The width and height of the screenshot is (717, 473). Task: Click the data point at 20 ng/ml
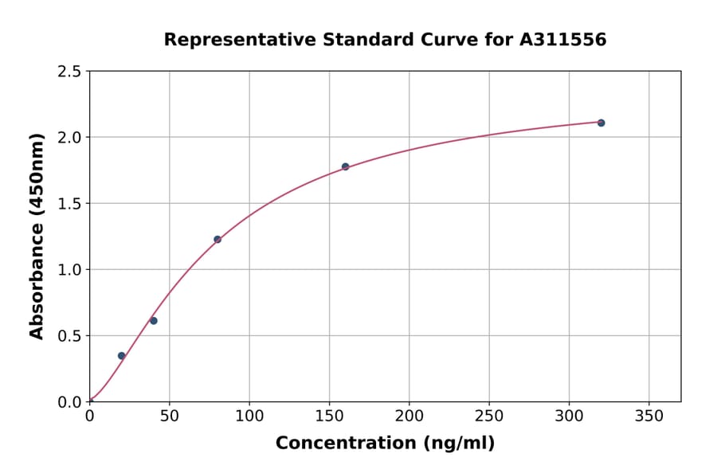121,356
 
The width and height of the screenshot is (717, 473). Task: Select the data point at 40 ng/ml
154,321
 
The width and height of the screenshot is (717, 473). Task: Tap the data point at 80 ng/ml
217,240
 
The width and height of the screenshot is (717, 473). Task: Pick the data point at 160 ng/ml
345,166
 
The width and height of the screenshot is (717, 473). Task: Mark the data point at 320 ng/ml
601,123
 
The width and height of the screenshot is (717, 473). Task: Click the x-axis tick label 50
169,416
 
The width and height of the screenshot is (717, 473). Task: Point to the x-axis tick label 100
249,416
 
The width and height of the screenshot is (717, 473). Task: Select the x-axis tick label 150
329,416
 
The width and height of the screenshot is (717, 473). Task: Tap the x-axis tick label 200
409,416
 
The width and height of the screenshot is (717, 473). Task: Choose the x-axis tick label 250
489,416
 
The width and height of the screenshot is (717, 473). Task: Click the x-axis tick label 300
569,416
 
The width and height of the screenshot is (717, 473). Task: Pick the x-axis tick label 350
649,416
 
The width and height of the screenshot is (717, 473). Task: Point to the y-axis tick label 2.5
69,72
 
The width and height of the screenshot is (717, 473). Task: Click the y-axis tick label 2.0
69,138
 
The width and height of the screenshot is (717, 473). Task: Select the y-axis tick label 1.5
69,204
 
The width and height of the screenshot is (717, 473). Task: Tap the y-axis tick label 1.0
69,270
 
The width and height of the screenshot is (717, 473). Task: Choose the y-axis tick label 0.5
69,336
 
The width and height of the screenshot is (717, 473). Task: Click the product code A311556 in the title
562,40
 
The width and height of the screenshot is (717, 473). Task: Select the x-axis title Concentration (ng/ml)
385,444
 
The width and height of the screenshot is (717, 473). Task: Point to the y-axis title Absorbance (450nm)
37,236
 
